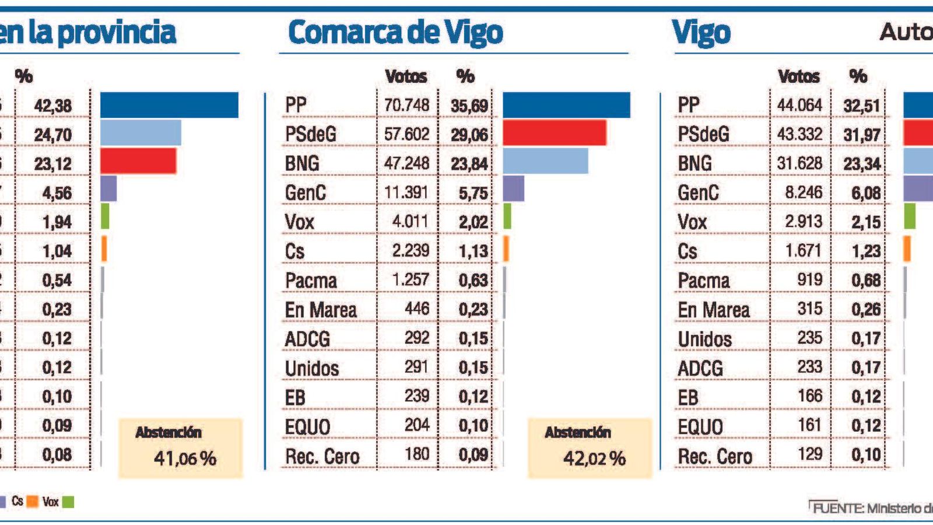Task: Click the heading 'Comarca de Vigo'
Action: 395,33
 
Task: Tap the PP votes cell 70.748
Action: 406,105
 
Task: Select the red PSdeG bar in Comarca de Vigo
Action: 554,133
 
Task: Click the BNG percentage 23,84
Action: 469,164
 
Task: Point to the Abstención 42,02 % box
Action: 590,448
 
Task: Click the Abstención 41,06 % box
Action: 180,448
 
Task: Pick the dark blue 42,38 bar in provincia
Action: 169,105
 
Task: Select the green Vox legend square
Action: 68,502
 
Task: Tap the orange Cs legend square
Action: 33,502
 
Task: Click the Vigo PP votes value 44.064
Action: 799,105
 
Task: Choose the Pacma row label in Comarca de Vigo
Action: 311,281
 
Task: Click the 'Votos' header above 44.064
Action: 798,76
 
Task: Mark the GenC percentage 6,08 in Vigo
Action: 865,193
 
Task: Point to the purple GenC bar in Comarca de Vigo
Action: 513,189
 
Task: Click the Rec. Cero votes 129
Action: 809,454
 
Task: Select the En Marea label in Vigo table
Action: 713,310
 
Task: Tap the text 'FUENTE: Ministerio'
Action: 872,508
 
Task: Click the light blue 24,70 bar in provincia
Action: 141,133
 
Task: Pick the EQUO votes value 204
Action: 416,425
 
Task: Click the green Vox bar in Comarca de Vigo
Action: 507,216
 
